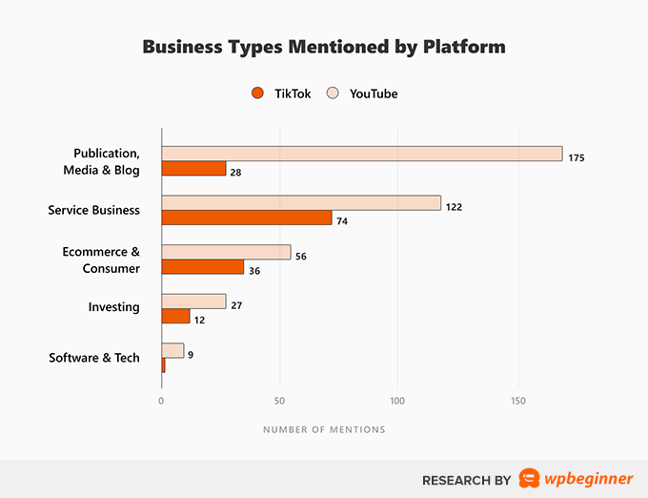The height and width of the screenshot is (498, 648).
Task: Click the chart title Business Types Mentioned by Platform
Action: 324,47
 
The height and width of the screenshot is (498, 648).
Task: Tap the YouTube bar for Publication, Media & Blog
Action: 361,154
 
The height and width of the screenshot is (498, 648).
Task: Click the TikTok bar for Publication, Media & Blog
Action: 193,169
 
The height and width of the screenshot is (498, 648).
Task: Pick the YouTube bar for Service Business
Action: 301,202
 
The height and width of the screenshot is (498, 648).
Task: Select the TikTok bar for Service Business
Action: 247,218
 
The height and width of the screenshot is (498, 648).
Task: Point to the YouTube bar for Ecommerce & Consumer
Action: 226,252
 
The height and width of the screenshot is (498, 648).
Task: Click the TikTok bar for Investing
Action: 176,316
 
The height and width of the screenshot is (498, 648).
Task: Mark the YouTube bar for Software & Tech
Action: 172,350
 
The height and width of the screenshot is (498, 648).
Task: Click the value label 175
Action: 576,157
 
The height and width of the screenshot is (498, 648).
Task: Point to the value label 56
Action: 304,256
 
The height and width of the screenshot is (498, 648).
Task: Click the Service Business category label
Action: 93,210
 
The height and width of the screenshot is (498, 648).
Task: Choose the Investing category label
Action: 114,307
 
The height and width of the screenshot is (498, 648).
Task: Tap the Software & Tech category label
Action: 93,358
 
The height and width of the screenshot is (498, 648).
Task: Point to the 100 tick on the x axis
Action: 398,401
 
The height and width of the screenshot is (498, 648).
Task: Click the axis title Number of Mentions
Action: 324,429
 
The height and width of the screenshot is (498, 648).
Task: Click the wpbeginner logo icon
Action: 529,479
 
